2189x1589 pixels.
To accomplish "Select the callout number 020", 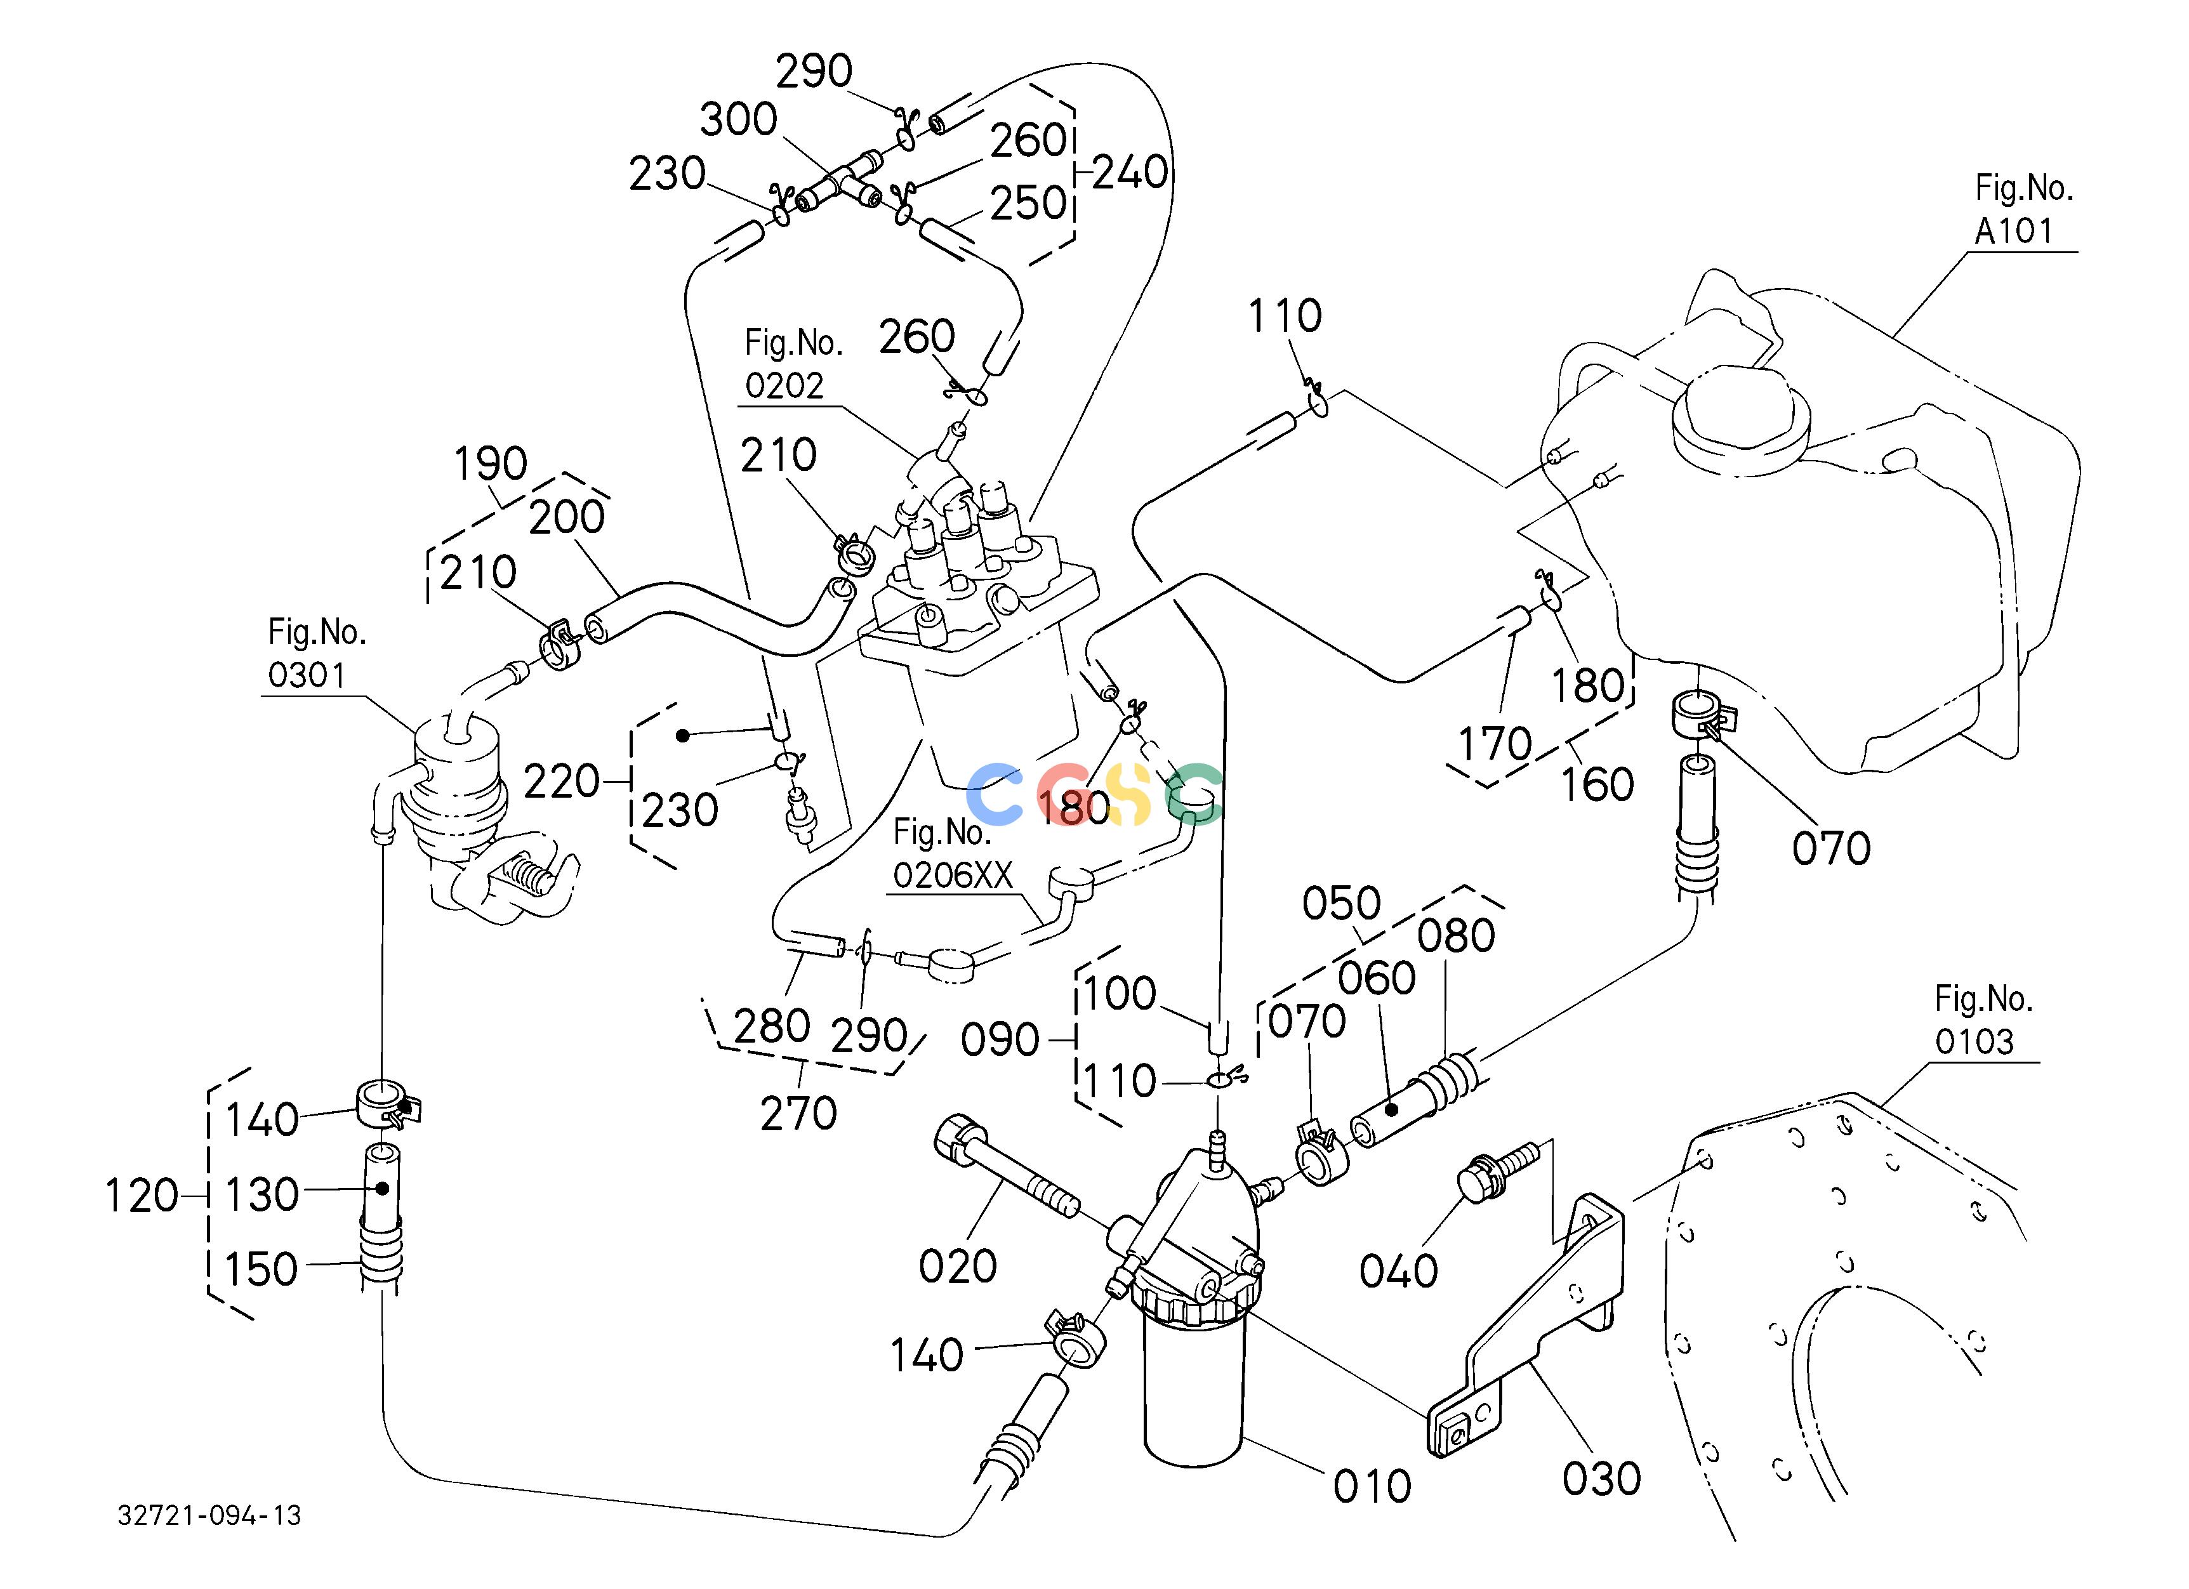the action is (958, 1266).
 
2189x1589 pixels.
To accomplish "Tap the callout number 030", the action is (1602, 1479).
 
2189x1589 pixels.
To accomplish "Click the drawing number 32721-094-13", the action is (209, 1515).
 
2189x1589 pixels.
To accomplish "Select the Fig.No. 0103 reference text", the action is (1983, 1020).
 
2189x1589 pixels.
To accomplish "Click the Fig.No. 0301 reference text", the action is (317, 653).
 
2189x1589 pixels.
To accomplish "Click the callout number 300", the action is (738, 120).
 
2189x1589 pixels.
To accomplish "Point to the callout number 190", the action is (491, 464).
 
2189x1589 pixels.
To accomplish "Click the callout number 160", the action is (1598, 784).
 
